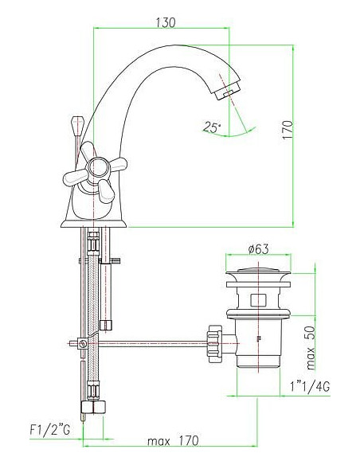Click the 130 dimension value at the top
(x=165, y=21)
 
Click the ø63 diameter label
(x=256, y=250)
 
